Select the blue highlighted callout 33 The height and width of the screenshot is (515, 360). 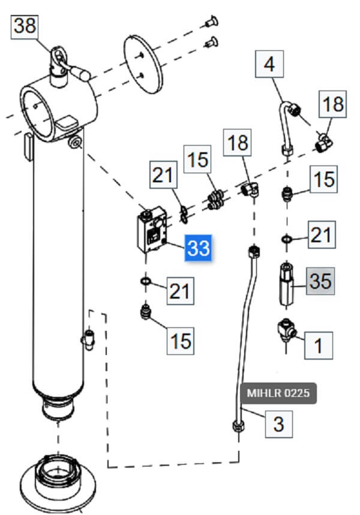tap(199, 248)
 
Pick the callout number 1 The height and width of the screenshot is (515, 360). tap(319, 345)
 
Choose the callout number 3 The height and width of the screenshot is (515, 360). tap(278, 423)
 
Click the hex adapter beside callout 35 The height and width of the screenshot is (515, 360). tap(287, 282)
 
